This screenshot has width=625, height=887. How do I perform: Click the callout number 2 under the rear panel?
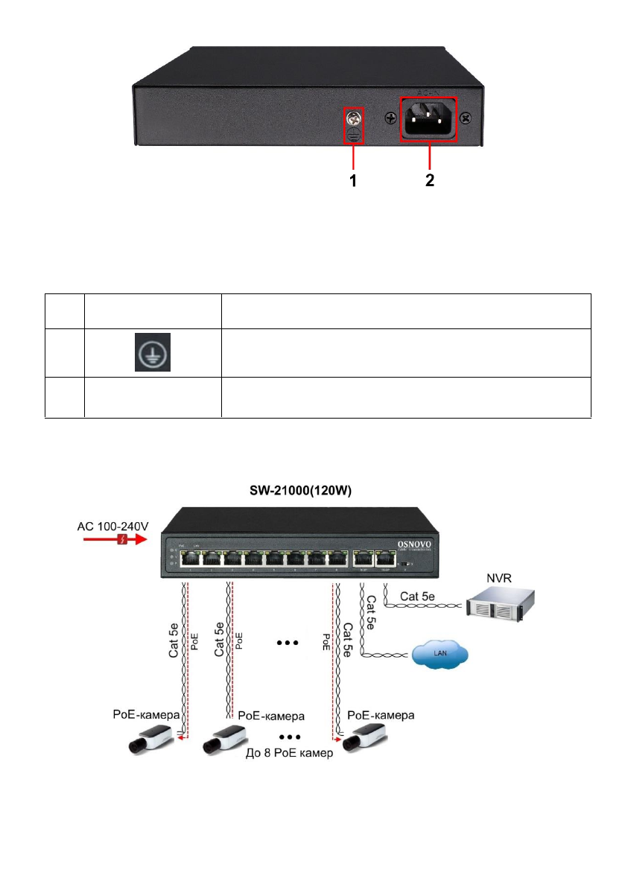click(x=430, y=180)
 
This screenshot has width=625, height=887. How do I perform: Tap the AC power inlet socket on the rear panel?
click(x=429, y=118)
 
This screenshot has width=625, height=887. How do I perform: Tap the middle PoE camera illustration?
click(x=227, y=737)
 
